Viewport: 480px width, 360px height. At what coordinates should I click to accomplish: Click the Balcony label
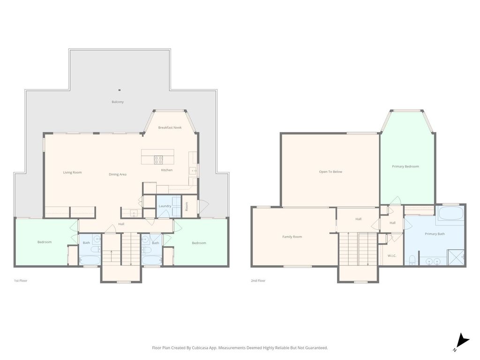tap(118, 102)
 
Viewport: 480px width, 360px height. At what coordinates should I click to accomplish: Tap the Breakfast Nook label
tap(170, 127)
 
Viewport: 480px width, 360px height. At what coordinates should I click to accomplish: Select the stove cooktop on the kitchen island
tap(158, 159)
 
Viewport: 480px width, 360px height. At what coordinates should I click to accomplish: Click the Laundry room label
tap(165, 206)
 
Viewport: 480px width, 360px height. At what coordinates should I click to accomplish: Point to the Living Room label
tap(73, 172)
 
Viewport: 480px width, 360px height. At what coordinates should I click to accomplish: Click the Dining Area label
tap(118, 174)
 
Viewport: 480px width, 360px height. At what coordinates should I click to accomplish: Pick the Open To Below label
tap(330, 172)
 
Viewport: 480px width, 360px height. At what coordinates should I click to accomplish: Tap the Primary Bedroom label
tap(405, 166)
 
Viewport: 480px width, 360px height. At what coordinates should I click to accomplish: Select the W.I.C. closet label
tap(392, 255)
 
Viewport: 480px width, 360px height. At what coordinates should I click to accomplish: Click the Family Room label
tap(292, 237)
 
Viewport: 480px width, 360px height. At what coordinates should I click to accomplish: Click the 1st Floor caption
tap(21, 280)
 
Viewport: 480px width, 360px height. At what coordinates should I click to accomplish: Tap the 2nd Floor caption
tap(258, 280)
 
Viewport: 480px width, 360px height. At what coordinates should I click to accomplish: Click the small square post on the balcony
tap(120, 90)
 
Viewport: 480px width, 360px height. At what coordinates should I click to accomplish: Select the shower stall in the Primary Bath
tap(456, 257)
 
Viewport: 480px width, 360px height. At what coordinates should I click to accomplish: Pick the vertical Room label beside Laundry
tap(187, 206)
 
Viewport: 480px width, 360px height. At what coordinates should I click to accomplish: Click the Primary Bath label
tap(435, 234)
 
